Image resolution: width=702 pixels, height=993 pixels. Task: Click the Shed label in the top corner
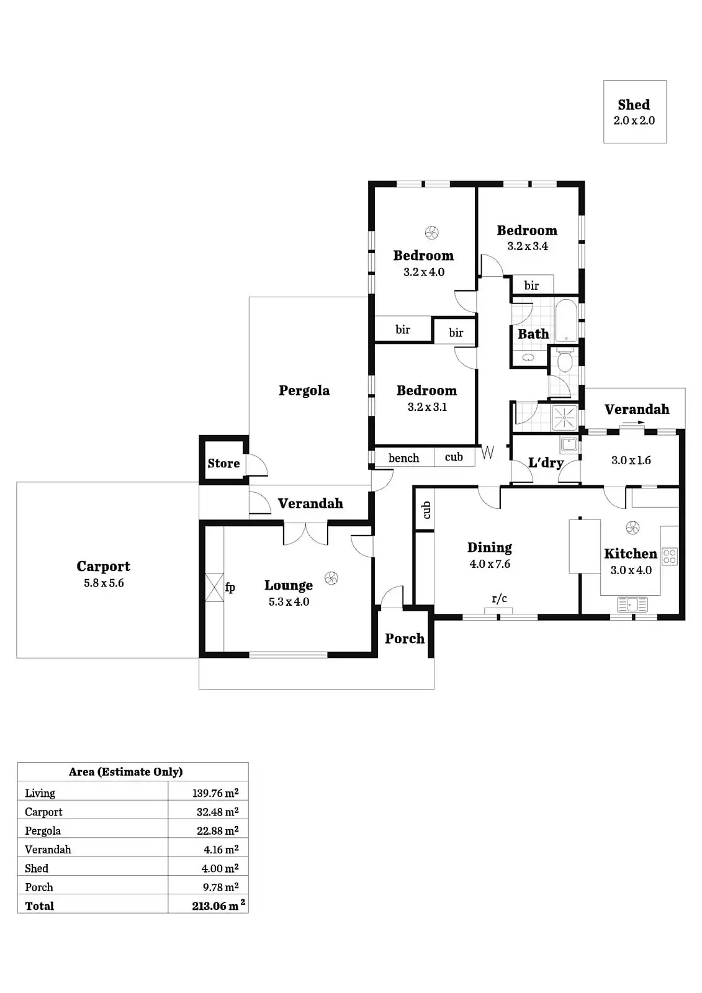click(x=634, y=105)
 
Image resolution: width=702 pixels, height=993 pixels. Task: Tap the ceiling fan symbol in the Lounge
click(x=331, y=578)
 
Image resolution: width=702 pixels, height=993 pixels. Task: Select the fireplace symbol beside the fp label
click(x=214, y=586)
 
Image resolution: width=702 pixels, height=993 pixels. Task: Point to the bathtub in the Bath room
click(x=565, y=320)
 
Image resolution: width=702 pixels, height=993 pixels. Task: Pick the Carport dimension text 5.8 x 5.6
click(x=104, y=583)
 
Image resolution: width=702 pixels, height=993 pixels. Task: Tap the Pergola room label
click(x=304, y=390)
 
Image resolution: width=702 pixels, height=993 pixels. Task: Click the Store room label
click(x=223, y=464)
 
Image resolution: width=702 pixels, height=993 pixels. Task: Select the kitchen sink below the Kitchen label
click(x=632, y=604)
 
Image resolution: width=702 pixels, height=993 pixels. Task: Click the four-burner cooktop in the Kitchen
click(x=669, y=556)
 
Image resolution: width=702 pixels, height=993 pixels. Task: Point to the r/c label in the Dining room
click(x=499, y=598)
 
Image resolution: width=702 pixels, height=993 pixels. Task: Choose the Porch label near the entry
click(x=404, y=639)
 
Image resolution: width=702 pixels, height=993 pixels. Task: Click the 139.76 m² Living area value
click(x=215, y=793)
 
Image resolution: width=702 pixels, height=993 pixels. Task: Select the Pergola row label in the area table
click(x=43, y=831)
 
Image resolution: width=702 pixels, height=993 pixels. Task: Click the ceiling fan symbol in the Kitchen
click(x=632, y=528)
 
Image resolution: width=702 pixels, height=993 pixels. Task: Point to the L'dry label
click(x=546, y=463)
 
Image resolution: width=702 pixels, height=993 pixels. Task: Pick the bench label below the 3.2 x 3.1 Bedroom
click(x=403, y=458)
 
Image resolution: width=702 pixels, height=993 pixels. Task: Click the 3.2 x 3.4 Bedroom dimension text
click(x=527, y=246)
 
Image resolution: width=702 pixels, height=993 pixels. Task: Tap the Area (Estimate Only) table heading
click(x=125, y=771)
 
